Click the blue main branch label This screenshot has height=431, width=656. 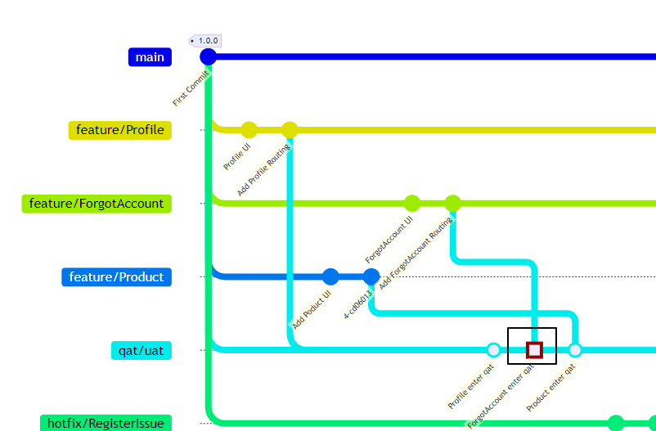(x=150, y=57)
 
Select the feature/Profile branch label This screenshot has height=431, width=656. (x=120, y=130)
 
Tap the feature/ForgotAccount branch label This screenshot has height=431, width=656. (x=97, y=204)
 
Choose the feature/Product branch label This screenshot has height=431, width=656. (x=116, y=277)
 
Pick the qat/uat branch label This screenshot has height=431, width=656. (x=141, y=351)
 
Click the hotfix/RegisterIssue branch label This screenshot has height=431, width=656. (x=106, y=423)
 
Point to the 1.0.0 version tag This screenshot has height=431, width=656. (x=206, y=40)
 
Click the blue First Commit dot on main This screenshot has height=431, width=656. (x=209, y=57)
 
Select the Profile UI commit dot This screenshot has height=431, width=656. (x=249, y=130)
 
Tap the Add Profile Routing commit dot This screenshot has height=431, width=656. (x=290, y=130)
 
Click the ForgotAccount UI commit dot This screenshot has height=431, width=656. (x=412, y=204)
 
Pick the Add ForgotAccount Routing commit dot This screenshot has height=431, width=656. (x=452, y=204)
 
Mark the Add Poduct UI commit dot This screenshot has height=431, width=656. (x=330, y=276)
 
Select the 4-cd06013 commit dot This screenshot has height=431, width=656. (x=371, y=276)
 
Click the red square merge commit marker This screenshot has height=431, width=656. (x=534, y=350)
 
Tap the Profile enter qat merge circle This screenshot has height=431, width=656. (x=493, y=350)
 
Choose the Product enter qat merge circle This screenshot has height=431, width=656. (x=575, y=350)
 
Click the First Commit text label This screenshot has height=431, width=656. (x=191, y=88)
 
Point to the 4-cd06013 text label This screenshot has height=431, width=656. (x=357, y=304)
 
